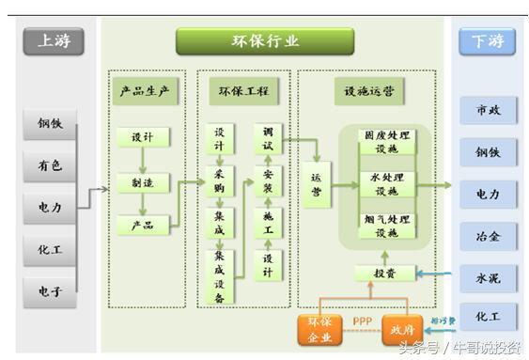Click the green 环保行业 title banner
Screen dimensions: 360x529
pos(265,41)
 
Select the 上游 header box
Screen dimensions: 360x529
pos(53,41)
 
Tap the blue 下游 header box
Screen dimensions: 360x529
pos(488,41)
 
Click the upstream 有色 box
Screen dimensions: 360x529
pos(50,165)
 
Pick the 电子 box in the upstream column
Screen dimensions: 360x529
pos(50,291)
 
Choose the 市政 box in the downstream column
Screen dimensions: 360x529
pos(488,110)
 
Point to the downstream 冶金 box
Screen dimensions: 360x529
pos(488,236)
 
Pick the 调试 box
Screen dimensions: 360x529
pos(268,138)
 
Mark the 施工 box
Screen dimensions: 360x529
pos(268,224)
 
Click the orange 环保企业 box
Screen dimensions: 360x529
pos(320,331)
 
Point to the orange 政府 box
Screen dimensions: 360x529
pos(403,330)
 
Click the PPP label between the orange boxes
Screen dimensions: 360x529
pos(362,321)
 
